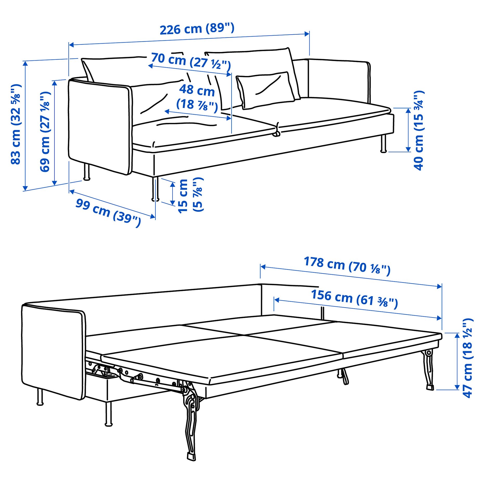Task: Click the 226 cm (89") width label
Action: click(197, 29)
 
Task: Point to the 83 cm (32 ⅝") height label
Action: click(16, 124)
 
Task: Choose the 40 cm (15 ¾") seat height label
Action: click(419, 130)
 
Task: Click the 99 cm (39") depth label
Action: click(108, 213)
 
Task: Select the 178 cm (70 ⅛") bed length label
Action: click(347, 266)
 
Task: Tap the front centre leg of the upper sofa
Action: click(155, 189)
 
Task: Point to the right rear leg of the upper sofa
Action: click(384, 144)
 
